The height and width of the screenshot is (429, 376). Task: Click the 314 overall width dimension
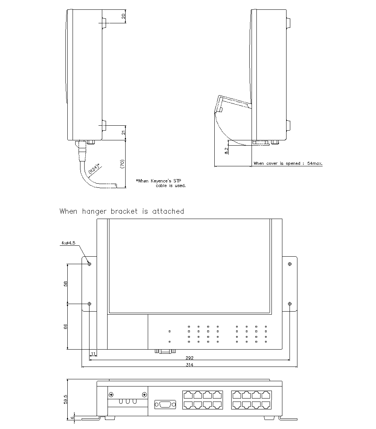pos(189,365)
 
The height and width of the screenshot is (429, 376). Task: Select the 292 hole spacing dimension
pos(189,358)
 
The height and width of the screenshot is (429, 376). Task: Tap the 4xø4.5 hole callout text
pos(68,243)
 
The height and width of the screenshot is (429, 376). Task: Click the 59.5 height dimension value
pos(65,399)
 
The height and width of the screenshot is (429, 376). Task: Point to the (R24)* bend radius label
pos(94,169)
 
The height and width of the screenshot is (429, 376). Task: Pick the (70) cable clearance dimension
pos(122,164)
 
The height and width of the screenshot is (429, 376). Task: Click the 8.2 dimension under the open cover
pos(226,151)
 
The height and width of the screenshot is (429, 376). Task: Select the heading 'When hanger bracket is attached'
pos(122,211)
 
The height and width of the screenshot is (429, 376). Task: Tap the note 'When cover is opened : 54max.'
pos(288,163)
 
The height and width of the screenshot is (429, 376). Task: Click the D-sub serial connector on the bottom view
pos(165,405)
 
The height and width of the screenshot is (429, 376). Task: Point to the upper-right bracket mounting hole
pos(290,264)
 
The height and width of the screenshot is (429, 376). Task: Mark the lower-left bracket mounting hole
pos(89,304)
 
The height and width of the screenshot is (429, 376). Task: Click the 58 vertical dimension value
pos(65,284)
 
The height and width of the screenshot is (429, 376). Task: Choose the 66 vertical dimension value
pos(65,326)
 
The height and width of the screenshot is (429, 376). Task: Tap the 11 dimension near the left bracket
pos(93,354)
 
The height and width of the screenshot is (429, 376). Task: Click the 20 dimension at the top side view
pos(123,16)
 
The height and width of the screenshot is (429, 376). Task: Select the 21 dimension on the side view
pos(123,132)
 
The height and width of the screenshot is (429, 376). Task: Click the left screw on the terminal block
pos(111,395)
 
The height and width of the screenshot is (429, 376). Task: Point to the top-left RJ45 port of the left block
pos(188,395)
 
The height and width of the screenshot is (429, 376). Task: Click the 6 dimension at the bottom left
pos(72,417)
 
